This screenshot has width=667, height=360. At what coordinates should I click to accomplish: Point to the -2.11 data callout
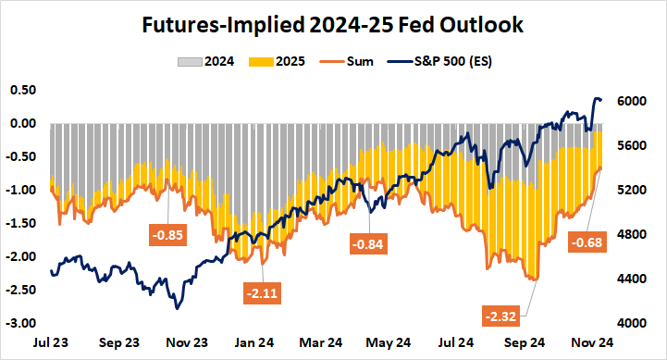click(x=265, y=293)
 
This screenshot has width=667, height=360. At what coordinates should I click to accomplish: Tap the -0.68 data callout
click(x=589, y=243)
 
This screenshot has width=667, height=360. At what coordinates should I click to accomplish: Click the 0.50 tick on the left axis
click(x=21, y=90)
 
